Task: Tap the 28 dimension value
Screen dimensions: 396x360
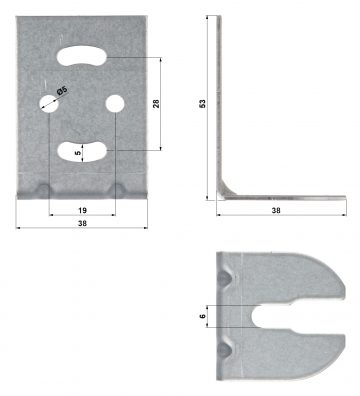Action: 156,103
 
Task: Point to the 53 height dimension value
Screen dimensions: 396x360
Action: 203,103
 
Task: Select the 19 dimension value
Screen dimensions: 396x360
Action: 82,211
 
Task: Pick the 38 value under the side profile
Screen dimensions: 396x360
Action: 275,213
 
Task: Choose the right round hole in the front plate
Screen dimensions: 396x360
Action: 115,103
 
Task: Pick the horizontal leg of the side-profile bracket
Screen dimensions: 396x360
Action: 280,198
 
